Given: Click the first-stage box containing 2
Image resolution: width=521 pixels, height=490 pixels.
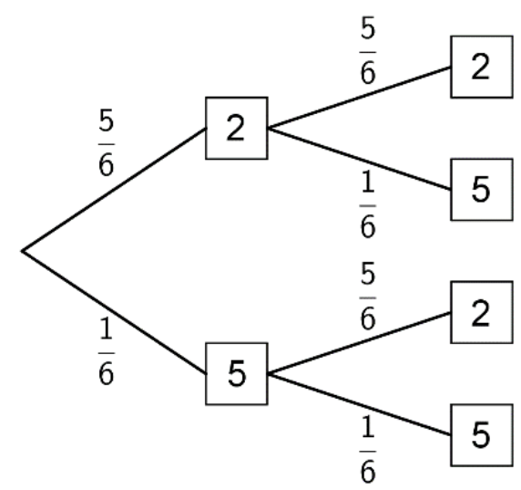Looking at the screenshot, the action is (237, 128).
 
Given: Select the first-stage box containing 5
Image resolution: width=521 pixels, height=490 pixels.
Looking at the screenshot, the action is (237, 373).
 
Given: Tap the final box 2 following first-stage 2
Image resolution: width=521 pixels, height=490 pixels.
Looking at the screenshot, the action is (482, 67).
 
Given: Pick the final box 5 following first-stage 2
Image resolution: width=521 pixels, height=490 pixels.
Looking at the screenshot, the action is (482, 190).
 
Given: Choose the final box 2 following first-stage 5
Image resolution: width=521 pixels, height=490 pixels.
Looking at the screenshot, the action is (482, 312).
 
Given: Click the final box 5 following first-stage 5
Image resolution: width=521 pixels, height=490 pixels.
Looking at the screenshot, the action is (482, 435).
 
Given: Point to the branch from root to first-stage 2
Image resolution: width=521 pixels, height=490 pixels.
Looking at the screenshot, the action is (114, 190).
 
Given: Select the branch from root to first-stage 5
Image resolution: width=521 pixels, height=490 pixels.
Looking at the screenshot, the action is (114, 312).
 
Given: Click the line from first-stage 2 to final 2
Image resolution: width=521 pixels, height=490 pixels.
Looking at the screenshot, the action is (359, 98).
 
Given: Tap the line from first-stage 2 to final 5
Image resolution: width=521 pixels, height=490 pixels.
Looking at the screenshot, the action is (359, 159).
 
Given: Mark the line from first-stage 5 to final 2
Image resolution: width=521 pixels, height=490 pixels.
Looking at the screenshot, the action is (359, 343).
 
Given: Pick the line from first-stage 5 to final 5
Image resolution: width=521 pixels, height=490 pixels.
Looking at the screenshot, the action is (359, 404).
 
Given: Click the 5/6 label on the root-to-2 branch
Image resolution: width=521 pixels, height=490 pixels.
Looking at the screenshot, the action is (107, 142).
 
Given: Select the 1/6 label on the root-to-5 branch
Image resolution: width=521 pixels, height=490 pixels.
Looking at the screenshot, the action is (107, 351).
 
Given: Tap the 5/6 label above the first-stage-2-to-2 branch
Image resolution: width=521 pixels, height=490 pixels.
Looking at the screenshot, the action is (368, 50).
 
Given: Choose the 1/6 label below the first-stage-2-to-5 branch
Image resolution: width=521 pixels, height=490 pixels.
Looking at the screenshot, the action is (368, 204).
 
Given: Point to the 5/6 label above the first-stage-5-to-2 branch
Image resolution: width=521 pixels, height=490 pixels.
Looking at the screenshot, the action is (368, 296).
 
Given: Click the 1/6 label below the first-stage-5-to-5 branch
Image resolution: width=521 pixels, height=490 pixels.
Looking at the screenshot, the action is (368, 449).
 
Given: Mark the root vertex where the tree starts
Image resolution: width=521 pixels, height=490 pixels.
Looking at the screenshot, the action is (22, 251).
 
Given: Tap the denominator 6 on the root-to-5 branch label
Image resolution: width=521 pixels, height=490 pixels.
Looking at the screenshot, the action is (107, 372).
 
